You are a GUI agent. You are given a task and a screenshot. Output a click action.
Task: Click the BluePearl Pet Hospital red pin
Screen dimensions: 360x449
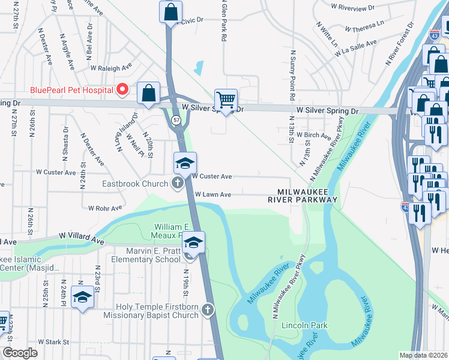coord(123,90)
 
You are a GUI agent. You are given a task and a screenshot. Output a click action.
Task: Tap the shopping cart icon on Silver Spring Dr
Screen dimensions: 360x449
coord(226,100)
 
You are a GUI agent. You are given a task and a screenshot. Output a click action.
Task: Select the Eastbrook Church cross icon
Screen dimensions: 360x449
coord(177,183)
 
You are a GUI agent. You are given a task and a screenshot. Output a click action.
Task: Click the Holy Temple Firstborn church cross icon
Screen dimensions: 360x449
coord(207,310)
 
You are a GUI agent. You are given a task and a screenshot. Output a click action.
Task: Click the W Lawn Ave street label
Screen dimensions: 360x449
coord(213,194)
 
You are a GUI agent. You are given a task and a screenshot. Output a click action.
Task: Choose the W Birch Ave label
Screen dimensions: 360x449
coord(314,136)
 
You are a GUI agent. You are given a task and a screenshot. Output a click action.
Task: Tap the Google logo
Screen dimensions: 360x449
coord(20,353)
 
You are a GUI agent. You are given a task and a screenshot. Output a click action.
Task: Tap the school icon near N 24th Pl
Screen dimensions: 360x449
coord(82,296)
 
